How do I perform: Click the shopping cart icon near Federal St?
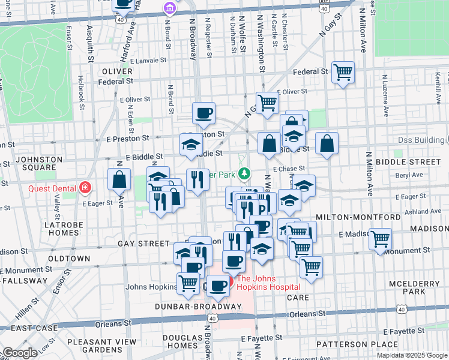point(342,73)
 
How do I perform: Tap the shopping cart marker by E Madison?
point(380,239)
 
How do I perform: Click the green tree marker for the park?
point(244,174)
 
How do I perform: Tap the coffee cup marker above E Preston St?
point(203,112)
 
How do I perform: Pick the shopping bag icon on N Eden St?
point(119,179)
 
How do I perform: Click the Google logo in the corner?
point(20,353)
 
